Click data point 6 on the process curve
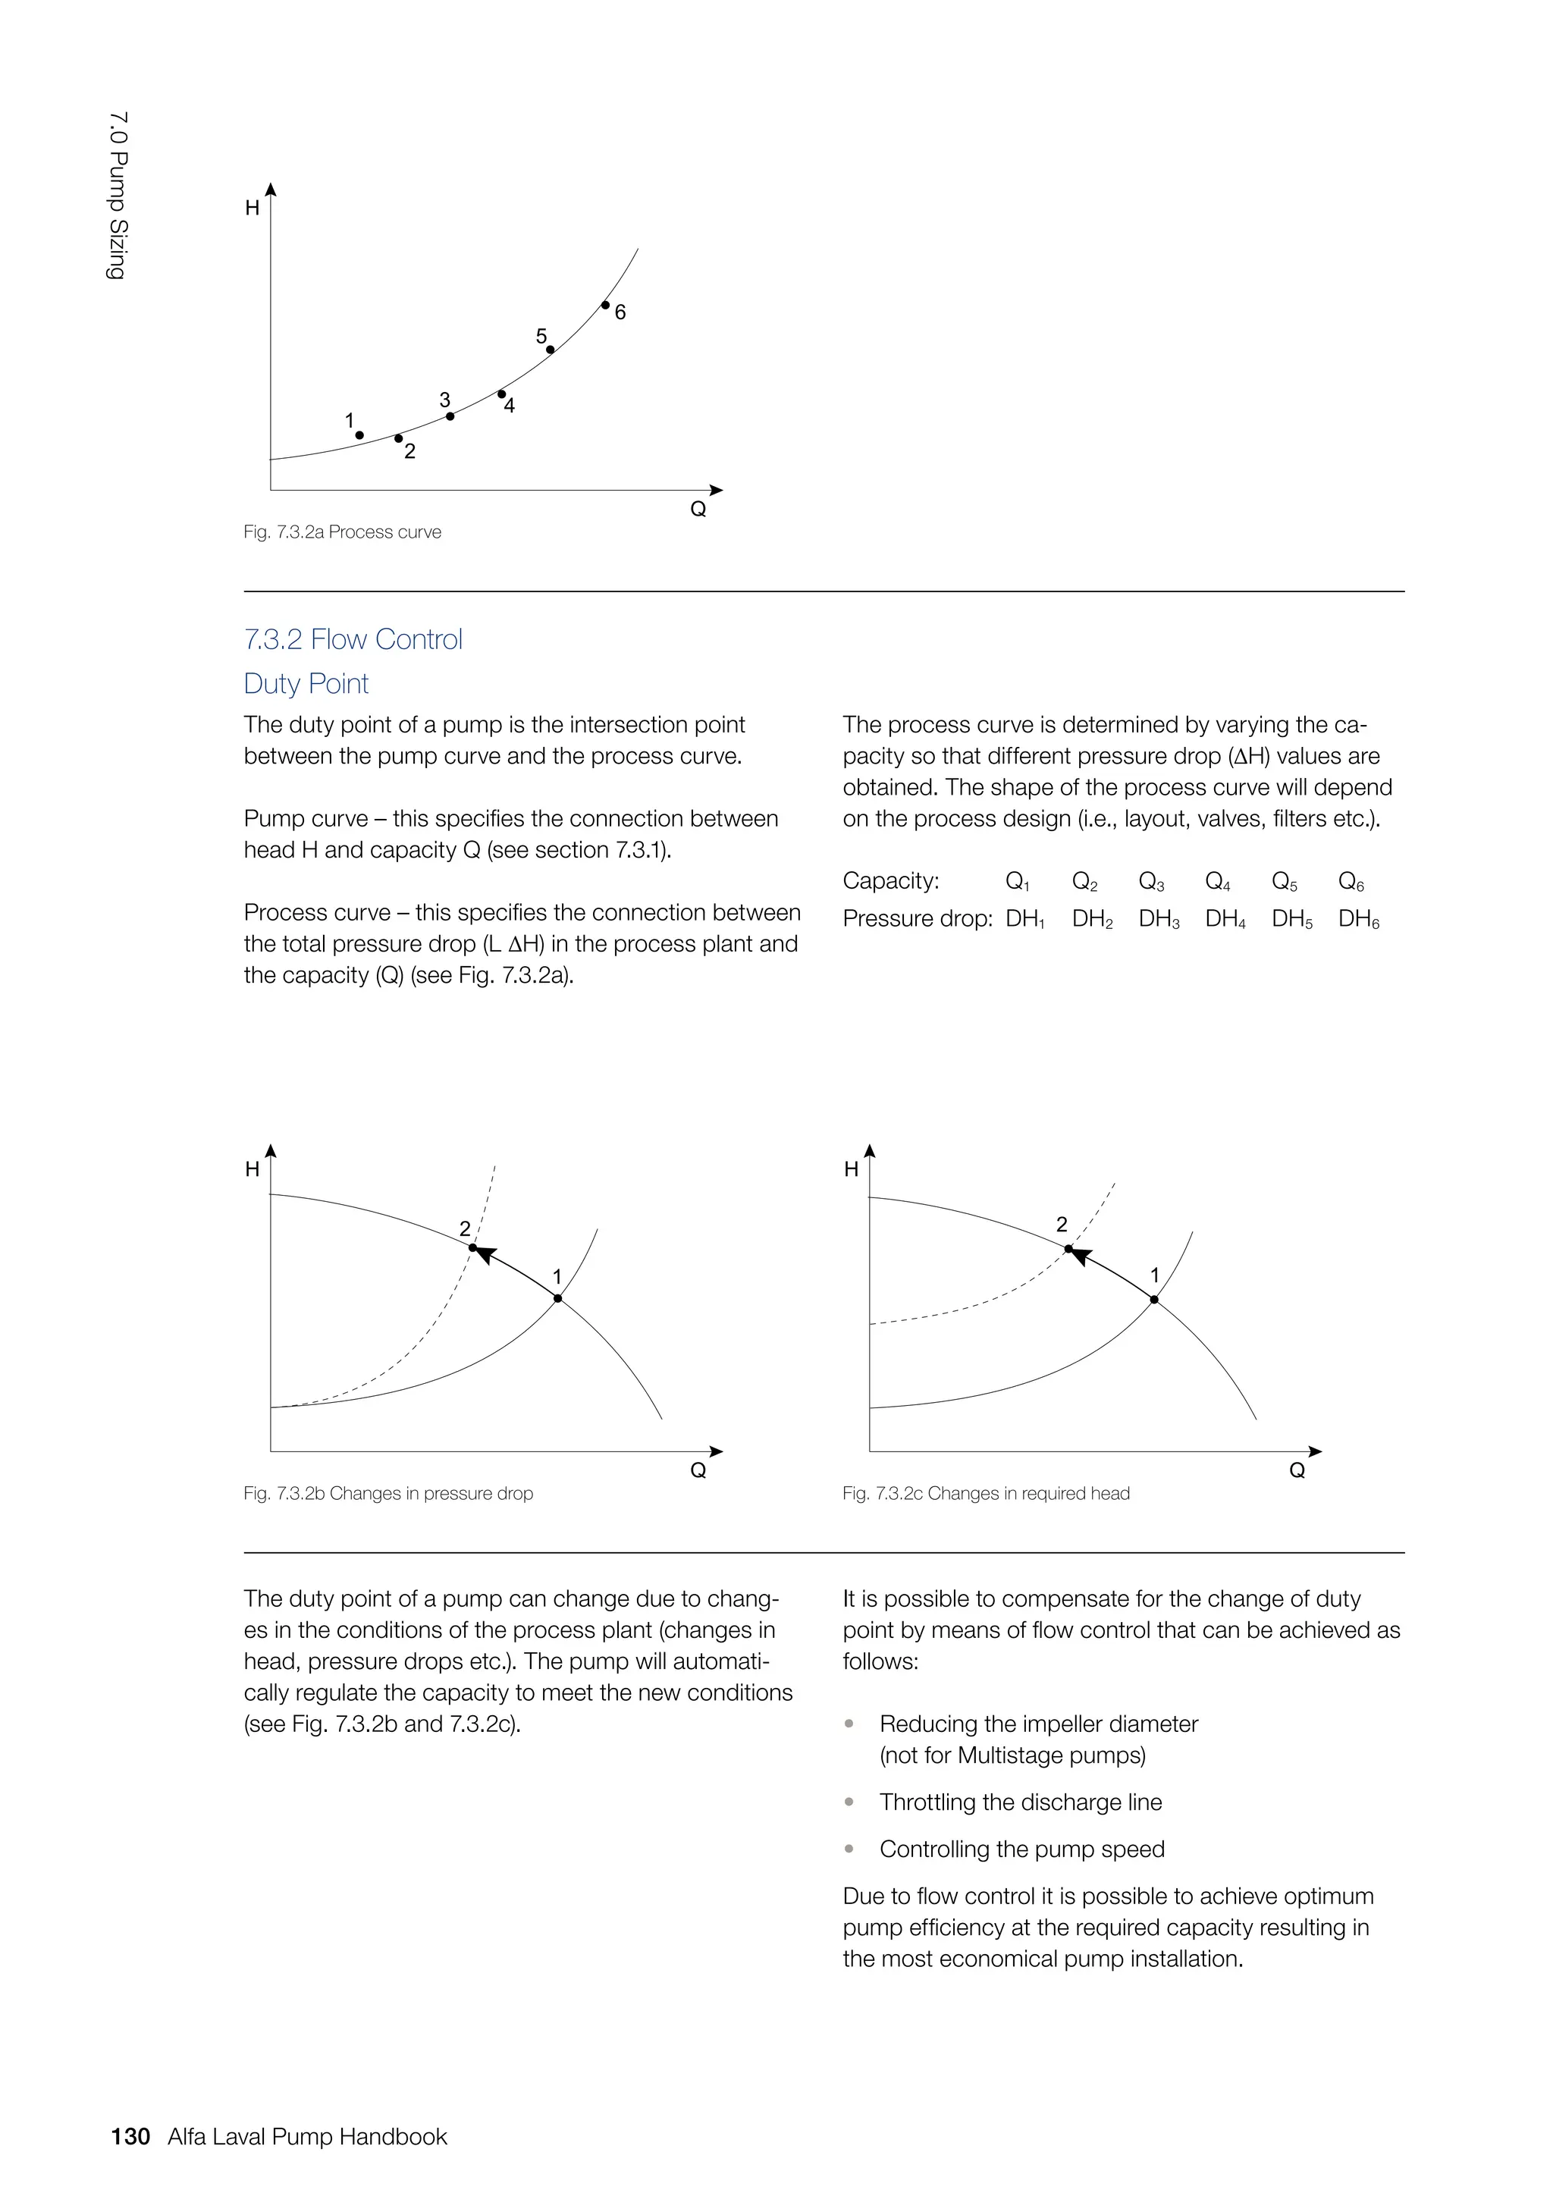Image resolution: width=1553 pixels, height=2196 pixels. [x=605, y=305]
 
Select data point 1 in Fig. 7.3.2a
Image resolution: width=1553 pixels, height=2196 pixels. [x=359, y=435]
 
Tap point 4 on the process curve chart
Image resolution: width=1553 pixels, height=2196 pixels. [x=502, y=394]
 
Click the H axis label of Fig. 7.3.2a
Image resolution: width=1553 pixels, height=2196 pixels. [x=253, y=209]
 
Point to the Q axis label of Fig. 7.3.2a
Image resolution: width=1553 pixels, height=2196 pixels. [x=698, y=510]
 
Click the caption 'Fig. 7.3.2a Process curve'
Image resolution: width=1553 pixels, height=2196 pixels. [x=342, y=532]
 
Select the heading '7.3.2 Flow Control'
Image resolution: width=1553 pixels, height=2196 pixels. [x=353, y=639]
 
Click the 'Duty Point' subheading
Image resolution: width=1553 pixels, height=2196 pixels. [x=306, y=684]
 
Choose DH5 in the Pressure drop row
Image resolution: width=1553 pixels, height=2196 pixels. [x=1292, y=919]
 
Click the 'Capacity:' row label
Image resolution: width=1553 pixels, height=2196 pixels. [x=891, y=881]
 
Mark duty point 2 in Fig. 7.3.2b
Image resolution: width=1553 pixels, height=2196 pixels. [x=472, y=1247]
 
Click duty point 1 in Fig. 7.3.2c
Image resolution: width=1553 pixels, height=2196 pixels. [x=1154, y=1300]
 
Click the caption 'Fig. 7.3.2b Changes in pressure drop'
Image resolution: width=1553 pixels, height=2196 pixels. [x=388, y=1493]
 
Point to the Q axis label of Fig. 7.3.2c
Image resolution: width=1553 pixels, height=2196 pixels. [x=1297, y=1471]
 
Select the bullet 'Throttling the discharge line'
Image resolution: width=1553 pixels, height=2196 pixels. [x=1021, y=1802]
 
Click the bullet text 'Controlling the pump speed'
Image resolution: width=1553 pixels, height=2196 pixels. [x=1021, y=1849]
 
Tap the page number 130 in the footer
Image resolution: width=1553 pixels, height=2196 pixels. [x=131, y=2137]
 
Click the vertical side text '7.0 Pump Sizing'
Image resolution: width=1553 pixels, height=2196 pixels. [x=118, y=196]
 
